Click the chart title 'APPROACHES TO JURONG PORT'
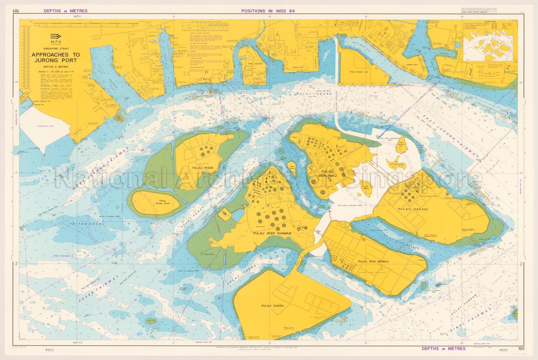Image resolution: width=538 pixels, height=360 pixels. [56, 57]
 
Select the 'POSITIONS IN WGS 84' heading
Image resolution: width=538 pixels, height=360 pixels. [269, 11]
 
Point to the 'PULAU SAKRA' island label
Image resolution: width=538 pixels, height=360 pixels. [272, 306]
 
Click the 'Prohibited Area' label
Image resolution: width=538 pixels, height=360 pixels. [46, 125]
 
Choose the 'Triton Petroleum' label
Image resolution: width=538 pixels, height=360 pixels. [63, 256]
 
